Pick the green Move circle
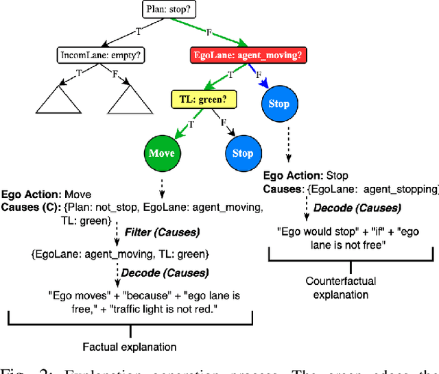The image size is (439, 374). tap(162, 153)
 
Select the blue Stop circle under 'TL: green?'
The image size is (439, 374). tap(242, 153)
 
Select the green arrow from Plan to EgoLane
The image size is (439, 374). tap(209, 32)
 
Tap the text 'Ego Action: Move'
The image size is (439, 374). tap(46, 195)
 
